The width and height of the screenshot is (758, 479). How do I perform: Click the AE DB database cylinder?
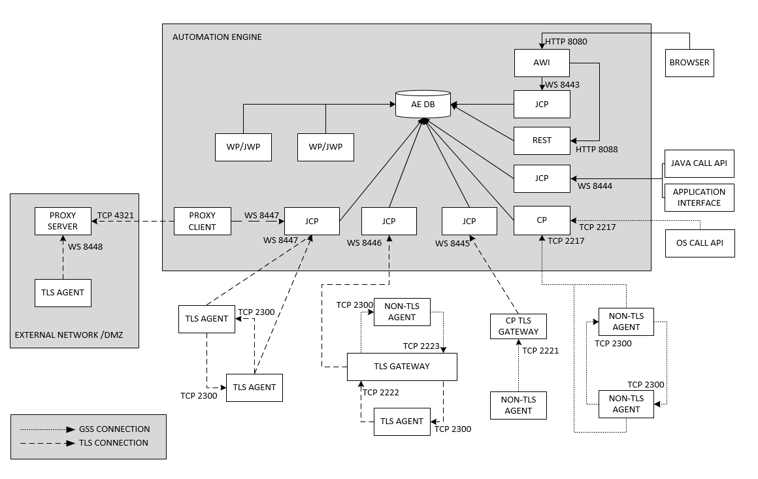click(x=423, y=105)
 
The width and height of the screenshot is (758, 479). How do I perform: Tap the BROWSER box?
click(x=689, y=63)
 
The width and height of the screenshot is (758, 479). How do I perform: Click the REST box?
click(x=542, y=140)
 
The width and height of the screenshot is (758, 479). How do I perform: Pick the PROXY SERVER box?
click(x=63, y=221)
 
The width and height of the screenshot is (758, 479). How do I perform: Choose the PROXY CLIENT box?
click(x=202, y=221)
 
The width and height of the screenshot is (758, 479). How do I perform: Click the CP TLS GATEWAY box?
click(x=518, y=326)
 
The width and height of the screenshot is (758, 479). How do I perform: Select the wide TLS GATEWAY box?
click(x=401, y=367)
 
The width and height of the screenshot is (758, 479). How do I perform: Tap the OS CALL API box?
click(x=699, y=243)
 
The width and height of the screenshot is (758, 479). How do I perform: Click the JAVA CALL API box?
click(x=699, y=163)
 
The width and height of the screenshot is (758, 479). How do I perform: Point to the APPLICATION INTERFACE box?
click(x=699, y=197)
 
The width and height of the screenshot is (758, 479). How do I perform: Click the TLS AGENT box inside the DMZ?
click(x=63, y=293)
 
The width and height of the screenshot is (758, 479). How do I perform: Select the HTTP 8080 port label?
click(x=566, y=42)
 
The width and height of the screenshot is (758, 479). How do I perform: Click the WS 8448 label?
click(x=85, y=247)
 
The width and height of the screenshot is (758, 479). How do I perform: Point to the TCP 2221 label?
click(x=540, y=351)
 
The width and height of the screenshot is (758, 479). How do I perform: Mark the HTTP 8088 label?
click(x=596, y=150)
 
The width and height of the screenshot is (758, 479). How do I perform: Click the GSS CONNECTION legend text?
click(x=114, y=429)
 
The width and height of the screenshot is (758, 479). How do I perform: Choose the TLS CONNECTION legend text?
click(x=114, y=443)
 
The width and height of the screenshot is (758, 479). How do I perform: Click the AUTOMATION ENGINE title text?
click(x=217, y=37)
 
